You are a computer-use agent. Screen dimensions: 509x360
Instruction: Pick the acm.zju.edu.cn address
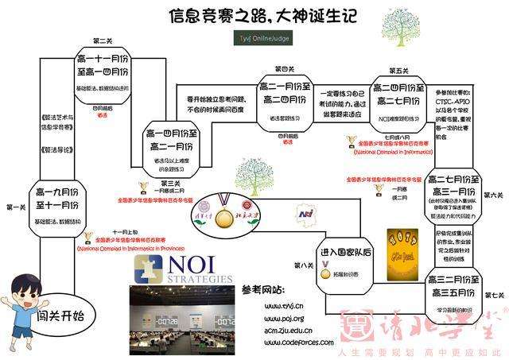click(277, 328)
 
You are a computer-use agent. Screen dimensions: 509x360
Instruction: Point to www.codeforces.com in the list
click(283, 342)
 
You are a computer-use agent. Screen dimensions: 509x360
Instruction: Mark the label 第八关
click(303, 265)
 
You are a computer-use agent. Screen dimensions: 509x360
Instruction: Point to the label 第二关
click(102, 40)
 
